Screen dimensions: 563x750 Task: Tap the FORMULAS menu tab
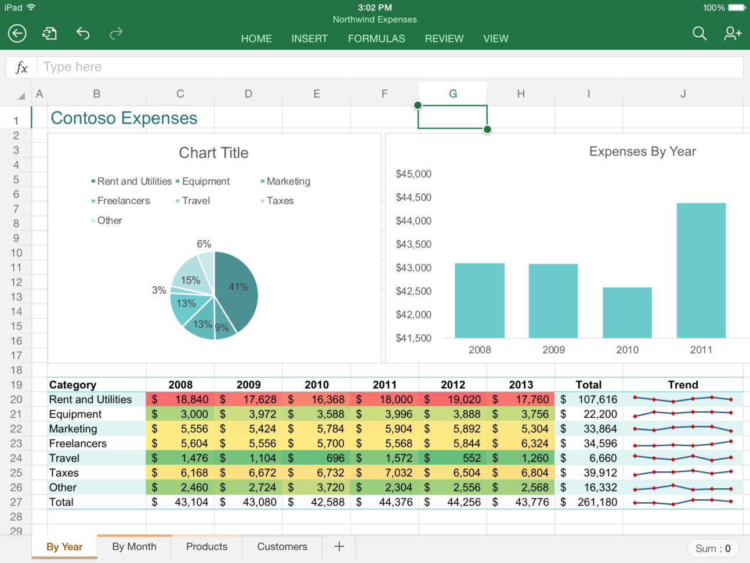tap(376, 39)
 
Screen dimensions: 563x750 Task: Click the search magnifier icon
tap(700, 34)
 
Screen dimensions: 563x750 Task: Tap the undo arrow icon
tap(83, 34)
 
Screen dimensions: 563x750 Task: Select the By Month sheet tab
tap(134, 547)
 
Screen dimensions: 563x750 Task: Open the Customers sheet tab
tap(282, 547)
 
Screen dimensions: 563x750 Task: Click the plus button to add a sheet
tap(339, 547)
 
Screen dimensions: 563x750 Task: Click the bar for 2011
tap(701, 270)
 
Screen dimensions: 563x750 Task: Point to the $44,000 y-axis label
tap(414, 221)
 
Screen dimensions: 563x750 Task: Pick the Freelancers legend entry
tap(123, 201)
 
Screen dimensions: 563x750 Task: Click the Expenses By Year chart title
tap(642, 151)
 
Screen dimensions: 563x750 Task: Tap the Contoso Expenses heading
tap(124, 118)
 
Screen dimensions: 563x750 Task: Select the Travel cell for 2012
tap(452, 458)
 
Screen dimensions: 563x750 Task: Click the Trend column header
tap(683, 385)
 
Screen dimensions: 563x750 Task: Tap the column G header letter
tap(452, 93)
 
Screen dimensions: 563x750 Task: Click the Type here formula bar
tap(389, 67)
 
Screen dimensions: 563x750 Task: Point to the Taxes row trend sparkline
tap(683, 472)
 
